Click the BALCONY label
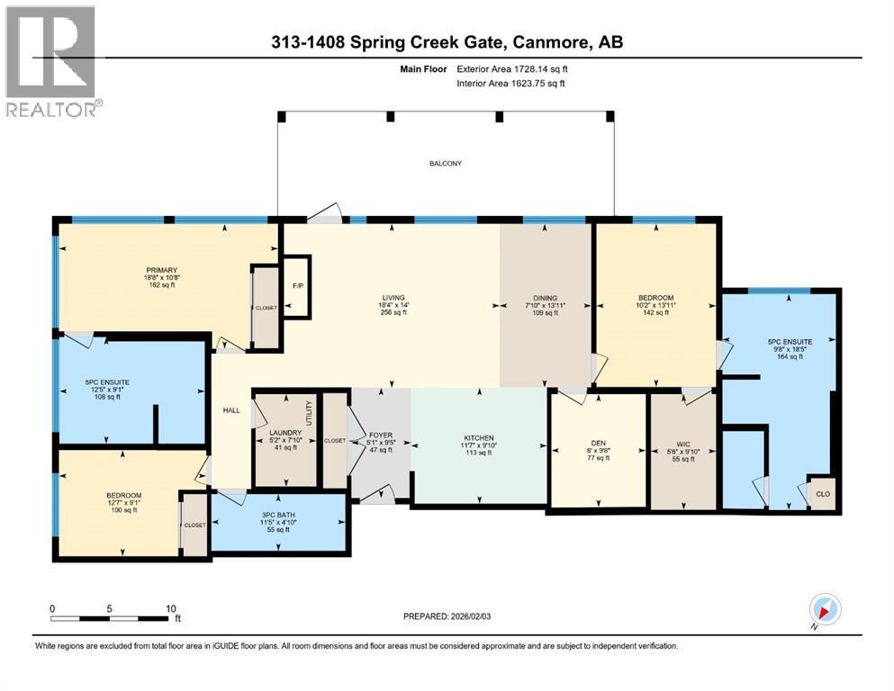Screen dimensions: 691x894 [444, 163]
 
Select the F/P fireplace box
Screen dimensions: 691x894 [296, 287]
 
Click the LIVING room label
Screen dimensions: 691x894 [392, 298]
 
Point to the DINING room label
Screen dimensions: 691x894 [546, 298]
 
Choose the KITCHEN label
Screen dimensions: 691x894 [478, 436]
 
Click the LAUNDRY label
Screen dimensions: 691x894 [284, 432]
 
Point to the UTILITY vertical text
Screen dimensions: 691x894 [309, 416]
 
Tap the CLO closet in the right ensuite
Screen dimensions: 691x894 [821, 493]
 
